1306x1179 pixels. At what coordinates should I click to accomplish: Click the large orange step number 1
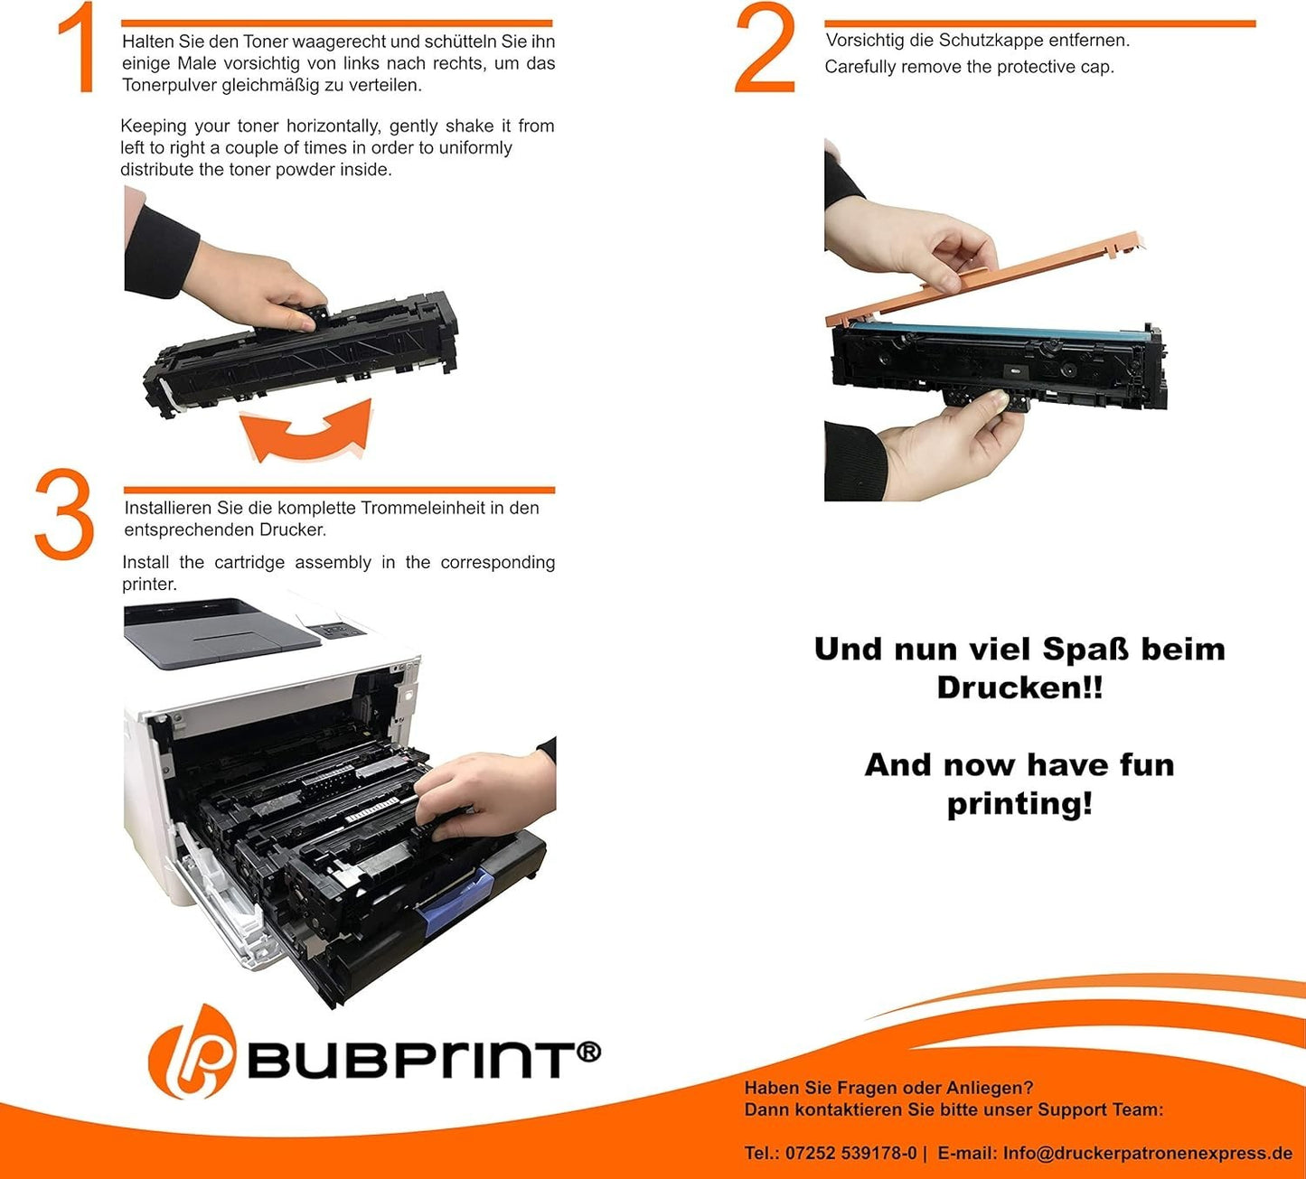coord(78,48)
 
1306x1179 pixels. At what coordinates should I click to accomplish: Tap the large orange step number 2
coord(765,47)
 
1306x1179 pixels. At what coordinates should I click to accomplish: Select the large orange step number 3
coord(64,513)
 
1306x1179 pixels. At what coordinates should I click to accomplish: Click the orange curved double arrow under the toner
coord(306,432)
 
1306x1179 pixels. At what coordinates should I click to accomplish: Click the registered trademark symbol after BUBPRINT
coord(588,1052)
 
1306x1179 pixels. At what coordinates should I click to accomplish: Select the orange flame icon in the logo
coord(192,1051)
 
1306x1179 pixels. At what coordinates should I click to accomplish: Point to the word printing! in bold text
coord(1019,803)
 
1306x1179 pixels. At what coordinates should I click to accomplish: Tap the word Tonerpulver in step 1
coord(169,85)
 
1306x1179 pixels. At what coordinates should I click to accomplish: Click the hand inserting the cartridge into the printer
coord(485,794)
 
